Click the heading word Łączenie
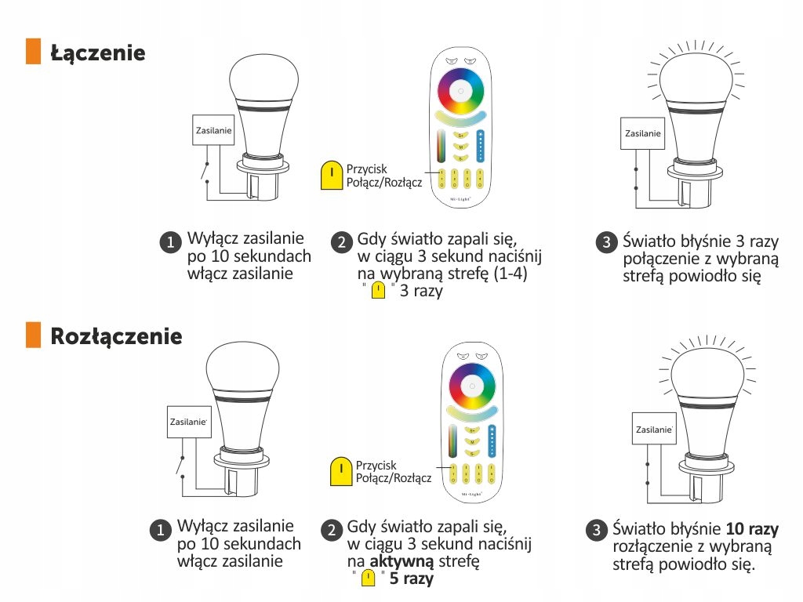tap(98, 53)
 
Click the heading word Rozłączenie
tap(116, 336)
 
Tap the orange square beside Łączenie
tap(33, 51)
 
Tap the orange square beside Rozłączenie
tap(33, 335)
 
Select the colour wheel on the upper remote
tap(460, 91)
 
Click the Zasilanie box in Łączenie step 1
tap(213, 130)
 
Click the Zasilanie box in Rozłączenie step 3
tap(654, 430)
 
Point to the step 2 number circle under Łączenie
tap(340, 241)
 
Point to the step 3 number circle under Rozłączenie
tap(596, 530)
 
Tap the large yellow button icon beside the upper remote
tap(332, 176)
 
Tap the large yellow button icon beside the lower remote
tap(341, 471)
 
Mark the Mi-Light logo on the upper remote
tap(460, 200)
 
